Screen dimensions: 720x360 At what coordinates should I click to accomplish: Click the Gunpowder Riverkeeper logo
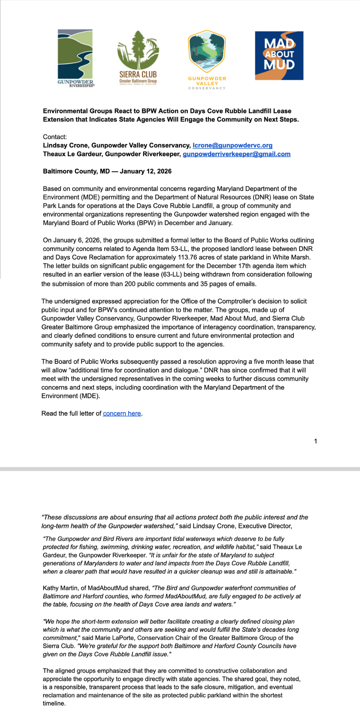click(75, 58)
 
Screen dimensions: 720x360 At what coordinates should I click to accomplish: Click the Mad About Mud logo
click(279, 55)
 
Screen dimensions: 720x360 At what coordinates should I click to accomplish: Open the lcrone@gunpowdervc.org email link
click(232, 145)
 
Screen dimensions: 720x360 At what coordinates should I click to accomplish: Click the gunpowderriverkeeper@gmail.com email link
click(237, 154)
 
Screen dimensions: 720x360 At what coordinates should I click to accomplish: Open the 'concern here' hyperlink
click(122, 413)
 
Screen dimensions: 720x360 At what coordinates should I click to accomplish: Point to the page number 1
click(315, 441)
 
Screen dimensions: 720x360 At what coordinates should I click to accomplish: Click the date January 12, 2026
click(145, 171)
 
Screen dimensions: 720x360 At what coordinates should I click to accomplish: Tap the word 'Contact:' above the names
click(55, 137)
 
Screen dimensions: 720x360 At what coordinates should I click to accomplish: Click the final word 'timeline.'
click(54, 703)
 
